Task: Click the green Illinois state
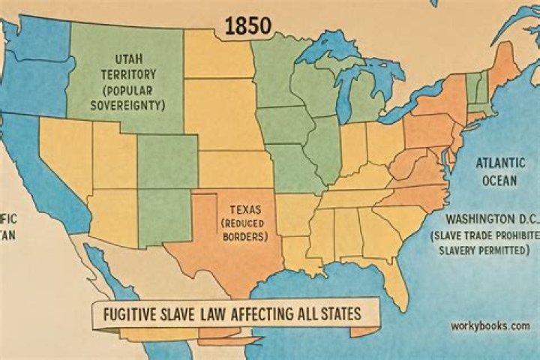(324, 146)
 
